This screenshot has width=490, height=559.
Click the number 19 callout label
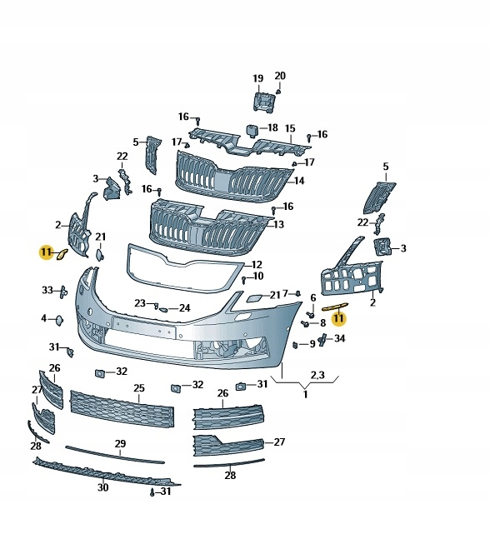coord(257,78)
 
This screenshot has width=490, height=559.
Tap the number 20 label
coord(280,76)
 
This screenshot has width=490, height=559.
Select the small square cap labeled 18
coord(252,131)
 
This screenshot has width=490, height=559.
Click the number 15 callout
coord(290,128)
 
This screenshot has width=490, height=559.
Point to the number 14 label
coord(299,181)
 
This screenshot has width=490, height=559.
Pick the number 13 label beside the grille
coord(278,224)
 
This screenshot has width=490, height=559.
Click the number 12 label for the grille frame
coord(257,265)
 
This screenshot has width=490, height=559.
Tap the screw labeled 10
coord(243,280)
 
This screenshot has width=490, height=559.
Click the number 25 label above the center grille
coord(139,388)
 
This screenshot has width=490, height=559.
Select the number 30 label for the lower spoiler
coord(102,487)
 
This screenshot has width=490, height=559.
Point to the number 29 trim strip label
coord(120,443)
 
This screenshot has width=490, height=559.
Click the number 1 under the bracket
coord(305,394)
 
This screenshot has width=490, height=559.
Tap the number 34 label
coord(339,338)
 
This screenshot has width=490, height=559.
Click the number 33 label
coord(47,290)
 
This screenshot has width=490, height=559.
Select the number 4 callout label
coord(44,317)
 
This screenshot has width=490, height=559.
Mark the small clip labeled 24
coord(163,309)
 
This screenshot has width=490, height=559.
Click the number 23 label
coord(140,303)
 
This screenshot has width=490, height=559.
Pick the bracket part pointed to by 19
coord(264,102)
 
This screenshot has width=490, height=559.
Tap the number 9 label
coord(312,344)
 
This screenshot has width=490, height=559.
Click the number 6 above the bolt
coord(313,297)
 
